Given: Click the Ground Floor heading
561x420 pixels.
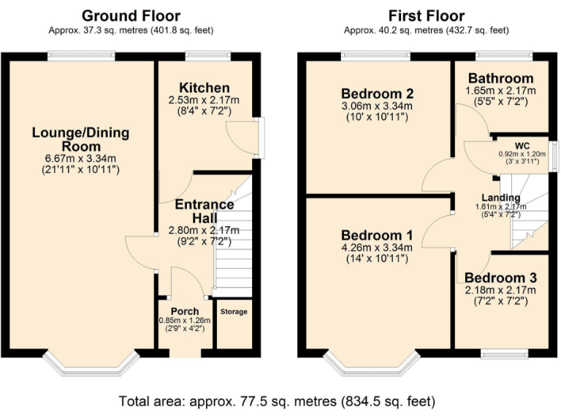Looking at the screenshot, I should [x=131, y=15].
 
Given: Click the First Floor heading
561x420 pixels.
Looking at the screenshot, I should [x=427, y=15].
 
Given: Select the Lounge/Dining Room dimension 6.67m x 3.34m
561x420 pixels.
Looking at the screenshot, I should [x=80, y=158].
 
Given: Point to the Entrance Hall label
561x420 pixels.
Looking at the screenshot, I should [x=204, y=211].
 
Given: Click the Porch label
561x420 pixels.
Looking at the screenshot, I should [x=185, y=311].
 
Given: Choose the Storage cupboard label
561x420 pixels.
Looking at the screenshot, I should [x=234, y=312].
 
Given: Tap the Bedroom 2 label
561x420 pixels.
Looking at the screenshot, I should [x=378, y=93].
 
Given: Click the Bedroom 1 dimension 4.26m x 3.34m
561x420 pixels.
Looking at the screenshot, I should [x=378, y=247].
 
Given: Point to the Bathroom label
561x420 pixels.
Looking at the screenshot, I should [x=500, y=79].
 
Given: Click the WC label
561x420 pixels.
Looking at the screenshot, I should [x=522, y=144].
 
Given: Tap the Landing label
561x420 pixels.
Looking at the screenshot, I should [x=500, y=198].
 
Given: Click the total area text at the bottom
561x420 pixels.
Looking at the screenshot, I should [x=278, y=401].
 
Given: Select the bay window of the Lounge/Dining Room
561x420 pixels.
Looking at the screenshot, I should [x=91, y=362].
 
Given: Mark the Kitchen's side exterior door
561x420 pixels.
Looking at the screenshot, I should [x=262, y=137].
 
